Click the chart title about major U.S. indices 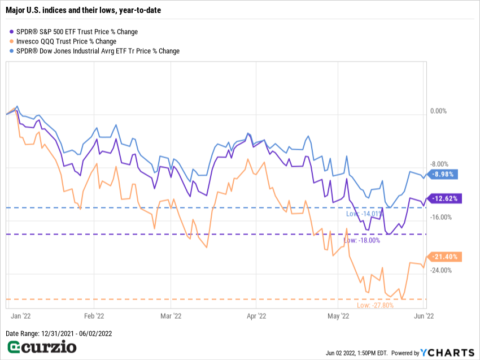[x=84, y=10]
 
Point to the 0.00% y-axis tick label [x=438, y=111]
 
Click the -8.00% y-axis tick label [x=438, y=164]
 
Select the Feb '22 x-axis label [x=94, y=316]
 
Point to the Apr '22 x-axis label [x=256, y=316]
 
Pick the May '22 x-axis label [x=338, y=316]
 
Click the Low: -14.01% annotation [x=364, y=214]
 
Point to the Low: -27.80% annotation [x=375, y=305]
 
